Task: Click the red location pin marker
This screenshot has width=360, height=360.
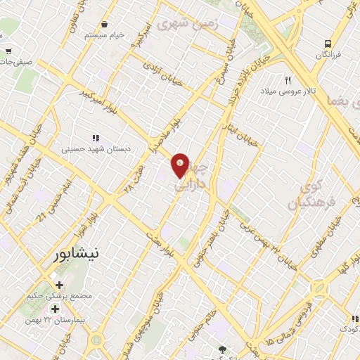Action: point(181,165)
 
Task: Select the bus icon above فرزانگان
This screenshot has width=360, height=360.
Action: point(328,43)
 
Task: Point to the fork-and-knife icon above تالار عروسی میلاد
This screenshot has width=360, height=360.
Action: point(288,80)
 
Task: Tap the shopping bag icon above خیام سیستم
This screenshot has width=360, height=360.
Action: point(105,24)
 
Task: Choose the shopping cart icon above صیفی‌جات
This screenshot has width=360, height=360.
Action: point(8,51)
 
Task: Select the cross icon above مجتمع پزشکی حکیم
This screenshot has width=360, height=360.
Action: point(59,285)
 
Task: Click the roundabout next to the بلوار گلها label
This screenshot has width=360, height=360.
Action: point(319,288)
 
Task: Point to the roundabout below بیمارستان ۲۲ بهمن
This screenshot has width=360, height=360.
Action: point(96,340)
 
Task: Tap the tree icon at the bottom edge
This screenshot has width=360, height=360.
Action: point(224,349)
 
